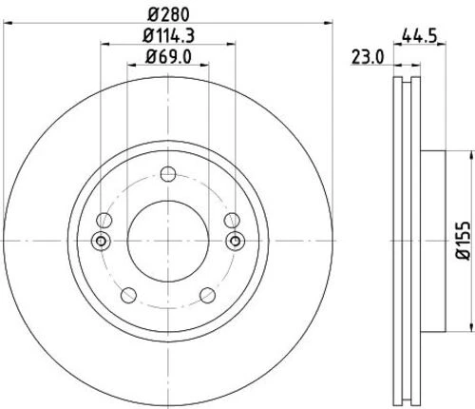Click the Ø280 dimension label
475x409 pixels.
[168, 13]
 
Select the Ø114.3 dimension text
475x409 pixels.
[168, 36]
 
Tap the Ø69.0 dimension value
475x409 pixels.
[168, 58]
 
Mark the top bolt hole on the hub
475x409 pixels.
[168, 173]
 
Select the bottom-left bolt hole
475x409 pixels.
[129, 293]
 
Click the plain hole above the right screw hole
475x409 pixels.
[232, 220]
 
